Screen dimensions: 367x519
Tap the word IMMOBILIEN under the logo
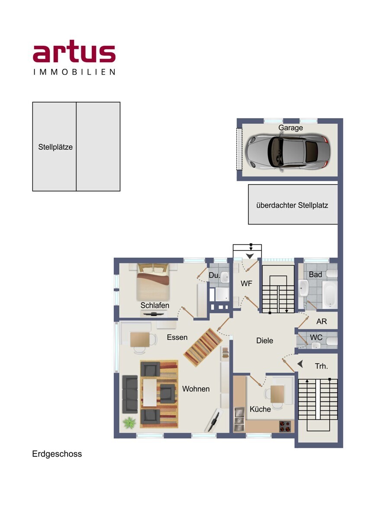click(74, 72)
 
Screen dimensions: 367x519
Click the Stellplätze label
click(55, 147)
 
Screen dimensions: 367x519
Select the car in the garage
click(288, 152)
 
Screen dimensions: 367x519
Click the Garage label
click(290, 128)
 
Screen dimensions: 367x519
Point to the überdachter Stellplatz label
click(292, 205)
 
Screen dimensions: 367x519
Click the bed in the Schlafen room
click(153, 282)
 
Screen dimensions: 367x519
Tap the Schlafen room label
click(155, 305)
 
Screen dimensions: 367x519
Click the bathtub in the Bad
click(330, 294)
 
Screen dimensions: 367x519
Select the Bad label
click(315, 275)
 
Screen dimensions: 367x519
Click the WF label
click(246, 283)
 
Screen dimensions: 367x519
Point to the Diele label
click(264, 341)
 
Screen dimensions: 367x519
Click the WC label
click(316, 337)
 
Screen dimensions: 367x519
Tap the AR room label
click(322, 321)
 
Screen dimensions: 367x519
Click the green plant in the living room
click(129, 423)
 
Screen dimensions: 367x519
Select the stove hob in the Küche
click(285, 426)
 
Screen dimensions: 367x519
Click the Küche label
click(260, 409)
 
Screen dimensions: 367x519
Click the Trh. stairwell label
click(321, 366)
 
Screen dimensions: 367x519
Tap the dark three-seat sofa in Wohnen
click(130, 394)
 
